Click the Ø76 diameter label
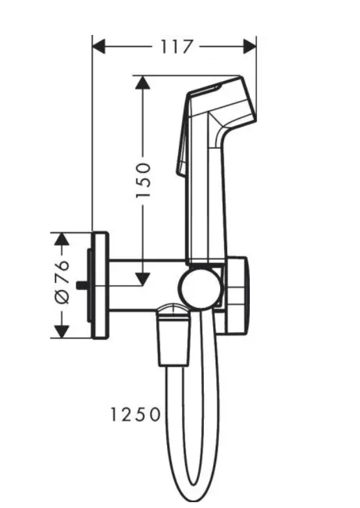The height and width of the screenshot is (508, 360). tap(61, 285)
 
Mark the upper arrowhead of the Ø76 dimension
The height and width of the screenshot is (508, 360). tap(61, 239)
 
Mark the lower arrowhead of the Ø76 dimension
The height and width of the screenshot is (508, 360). tap(61, 331)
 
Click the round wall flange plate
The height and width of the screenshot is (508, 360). tap(101, 285)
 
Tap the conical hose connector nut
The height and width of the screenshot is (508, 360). tap(172, 337)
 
